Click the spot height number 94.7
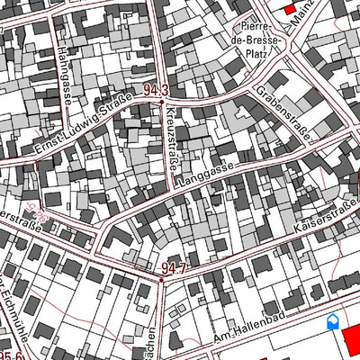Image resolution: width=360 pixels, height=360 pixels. pyautogui.click(x=174, y=268)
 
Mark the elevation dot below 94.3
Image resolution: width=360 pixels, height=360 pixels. pyautogui.click(x=161, y=102)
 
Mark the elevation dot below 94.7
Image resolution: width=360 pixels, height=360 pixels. pyautogui.click(x=161, y=280)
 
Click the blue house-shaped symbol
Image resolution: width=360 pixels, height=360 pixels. pyautogui.click(x=332, y=320)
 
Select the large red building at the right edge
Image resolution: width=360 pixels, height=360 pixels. pyautogui.click(x=351, y=340)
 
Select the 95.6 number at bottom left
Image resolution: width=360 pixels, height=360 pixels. pyautogui.click(x=11, y=355)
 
